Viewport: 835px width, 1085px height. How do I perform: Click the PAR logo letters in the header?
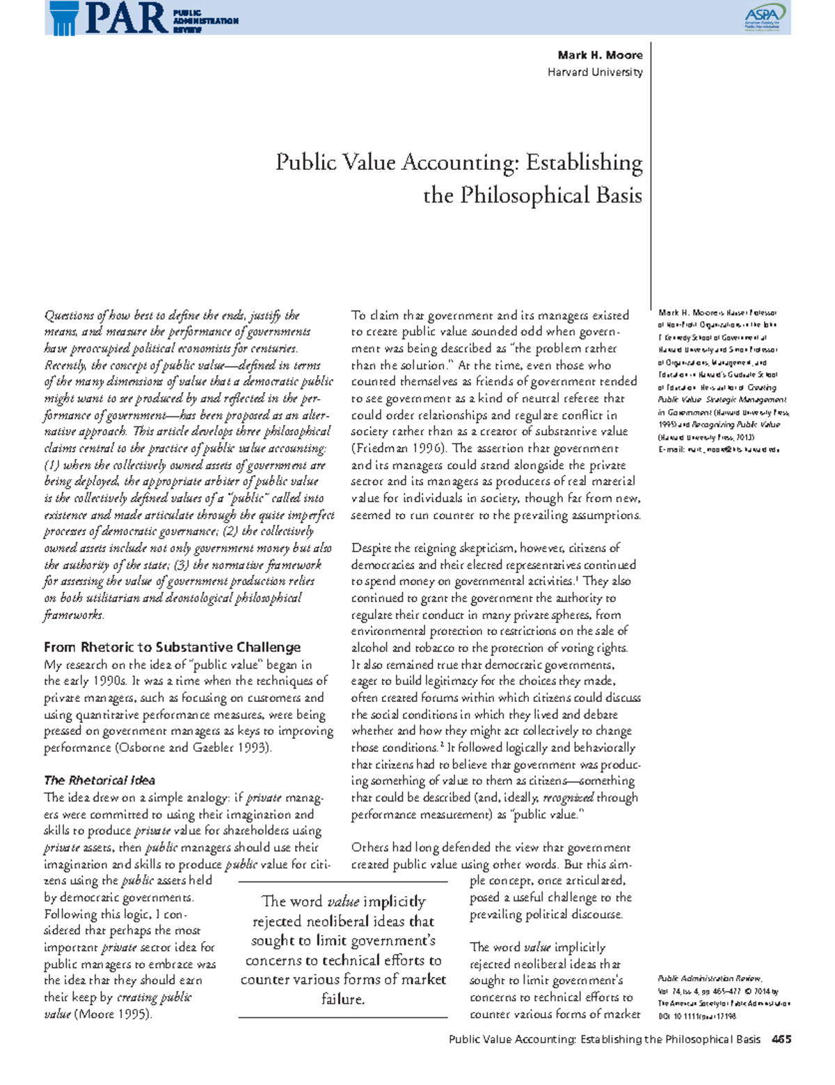pyautogui.click(x=125, y=19)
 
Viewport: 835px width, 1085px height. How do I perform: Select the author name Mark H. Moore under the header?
pyautogui.click(x=600, y=55)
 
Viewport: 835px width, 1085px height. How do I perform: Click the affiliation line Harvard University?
pyautogui.click(x=595, y=72)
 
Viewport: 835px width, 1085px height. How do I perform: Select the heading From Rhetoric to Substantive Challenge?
pyautogui.click(x=172, y=647)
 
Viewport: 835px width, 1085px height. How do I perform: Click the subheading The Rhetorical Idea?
pyautogui.click(x=100, y=780)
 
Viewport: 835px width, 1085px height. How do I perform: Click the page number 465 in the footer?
pyautogui.click(x=781, y=1039)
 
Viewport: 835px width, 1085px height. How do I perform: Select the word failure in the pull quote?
pyautogui.click(x=342, y=999)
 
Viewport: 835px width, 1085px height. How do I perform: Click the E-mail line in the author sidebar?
pyautogui.click(x=718, y=450)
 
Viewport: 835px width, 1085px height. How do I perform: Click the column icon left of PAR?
pyautogui.click(x=63, y=19)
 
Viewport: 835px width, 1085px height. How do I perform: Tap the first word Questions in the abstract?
pyautogui.click(x=68, y=315)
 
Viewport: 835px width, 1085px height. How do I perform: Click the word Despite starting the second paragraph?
pyautogui.click(x=371, y=548)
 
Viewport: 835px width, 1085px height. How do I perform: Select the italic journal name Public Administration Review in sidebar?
pyautogui.click(x=709, y=978)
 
